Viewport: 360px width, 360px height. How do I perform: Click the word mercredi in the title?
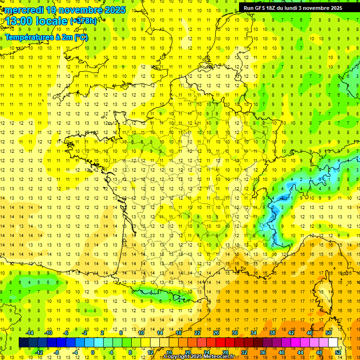[24, 10]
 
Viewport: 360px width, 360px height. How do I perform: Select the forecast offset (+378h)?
[83, 21]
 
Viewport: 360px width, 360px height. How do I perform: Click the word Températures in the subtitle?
[29, 37]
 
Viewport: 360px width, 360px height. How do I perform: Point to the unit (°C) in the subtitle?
[81, 37]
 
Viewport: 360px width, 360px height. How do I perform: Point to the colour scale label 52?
[338, 352]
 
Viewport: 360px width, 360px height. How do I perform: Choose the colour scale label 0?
[92, 352]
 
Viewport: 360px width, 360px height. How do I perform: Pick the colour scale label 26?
[216, 332]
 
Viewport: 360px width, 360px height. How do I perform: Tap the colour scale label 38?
[272, 332]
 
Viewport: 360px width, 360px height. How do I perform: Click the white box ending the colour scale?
[333, 343]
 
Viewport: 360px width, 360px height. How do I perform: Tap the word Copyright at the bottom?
[177, 357]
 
